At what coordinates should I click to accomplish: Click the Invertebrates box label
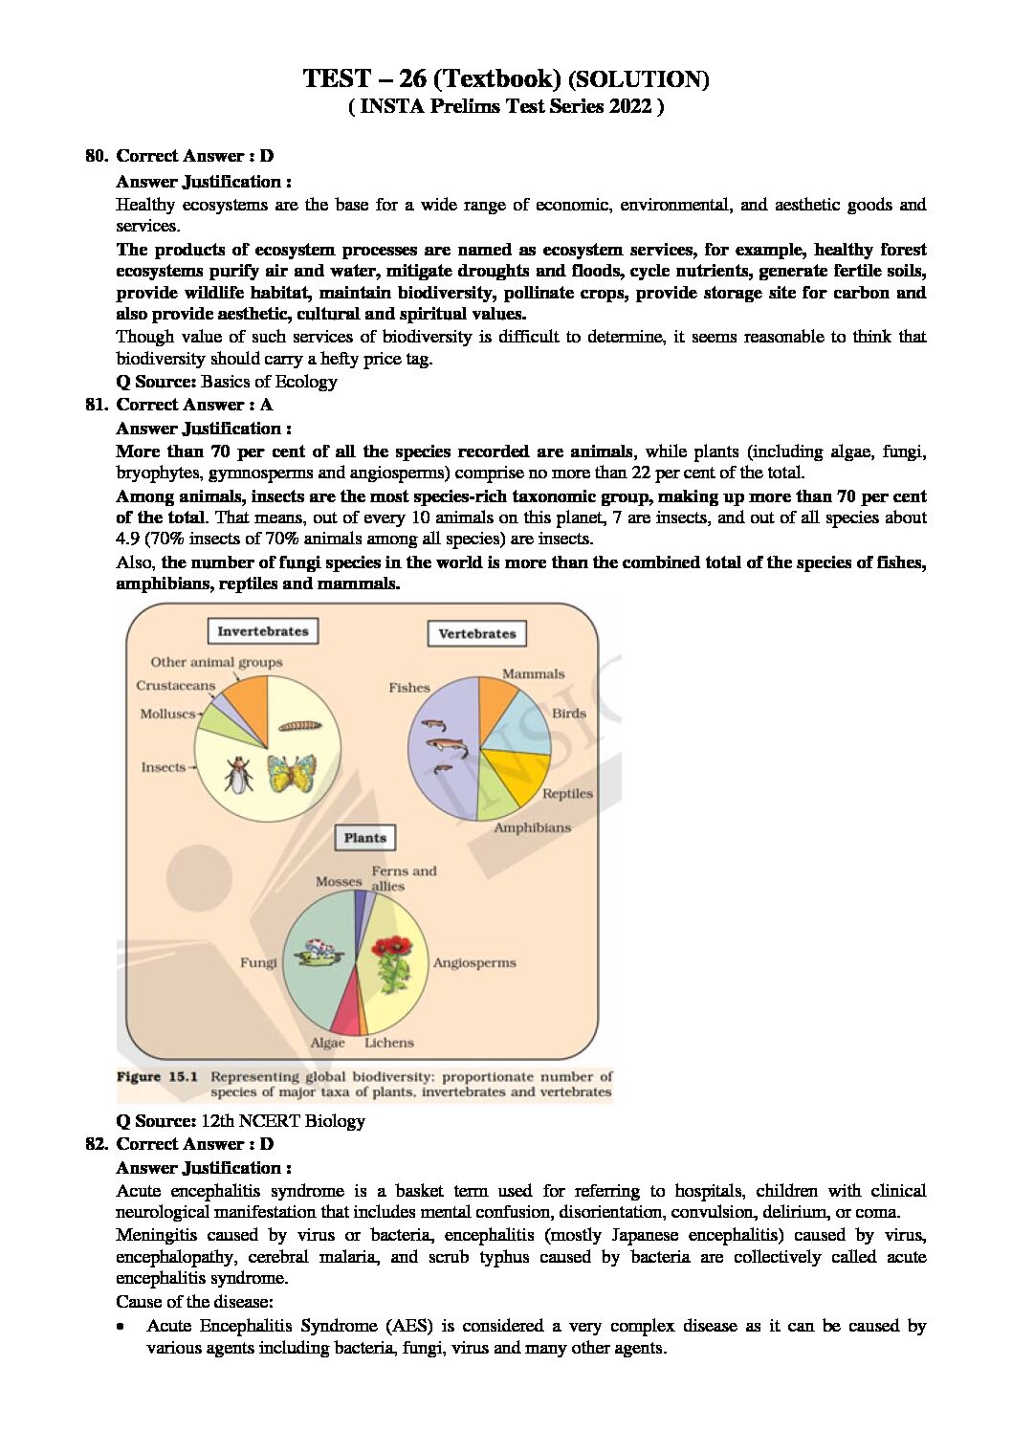[x=263, y=631]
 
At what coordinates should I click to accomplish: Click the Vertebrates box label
[x=476, y=633]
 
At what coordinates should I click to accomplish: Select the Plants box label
[x=364, y=838]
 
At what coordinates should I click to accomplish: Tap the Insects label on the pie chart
[x=164, y=767]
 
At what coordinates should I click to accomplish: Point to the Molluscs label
[x=167, y=714]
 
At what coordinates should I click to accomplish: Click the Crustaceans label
[x=175, y=685]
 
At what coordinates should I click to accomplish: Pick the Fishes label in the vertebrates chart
[x=409, y=688]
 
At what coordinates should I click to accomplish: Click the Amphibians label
[x=532, y=827]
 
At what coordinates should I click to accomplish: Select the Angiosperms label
[x=474, y=963]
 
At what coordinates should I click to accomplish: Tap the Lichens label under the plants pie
[x=389, y=1043]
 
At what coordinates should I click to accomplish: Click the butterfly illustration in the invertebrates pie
[x=292, y=773]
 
